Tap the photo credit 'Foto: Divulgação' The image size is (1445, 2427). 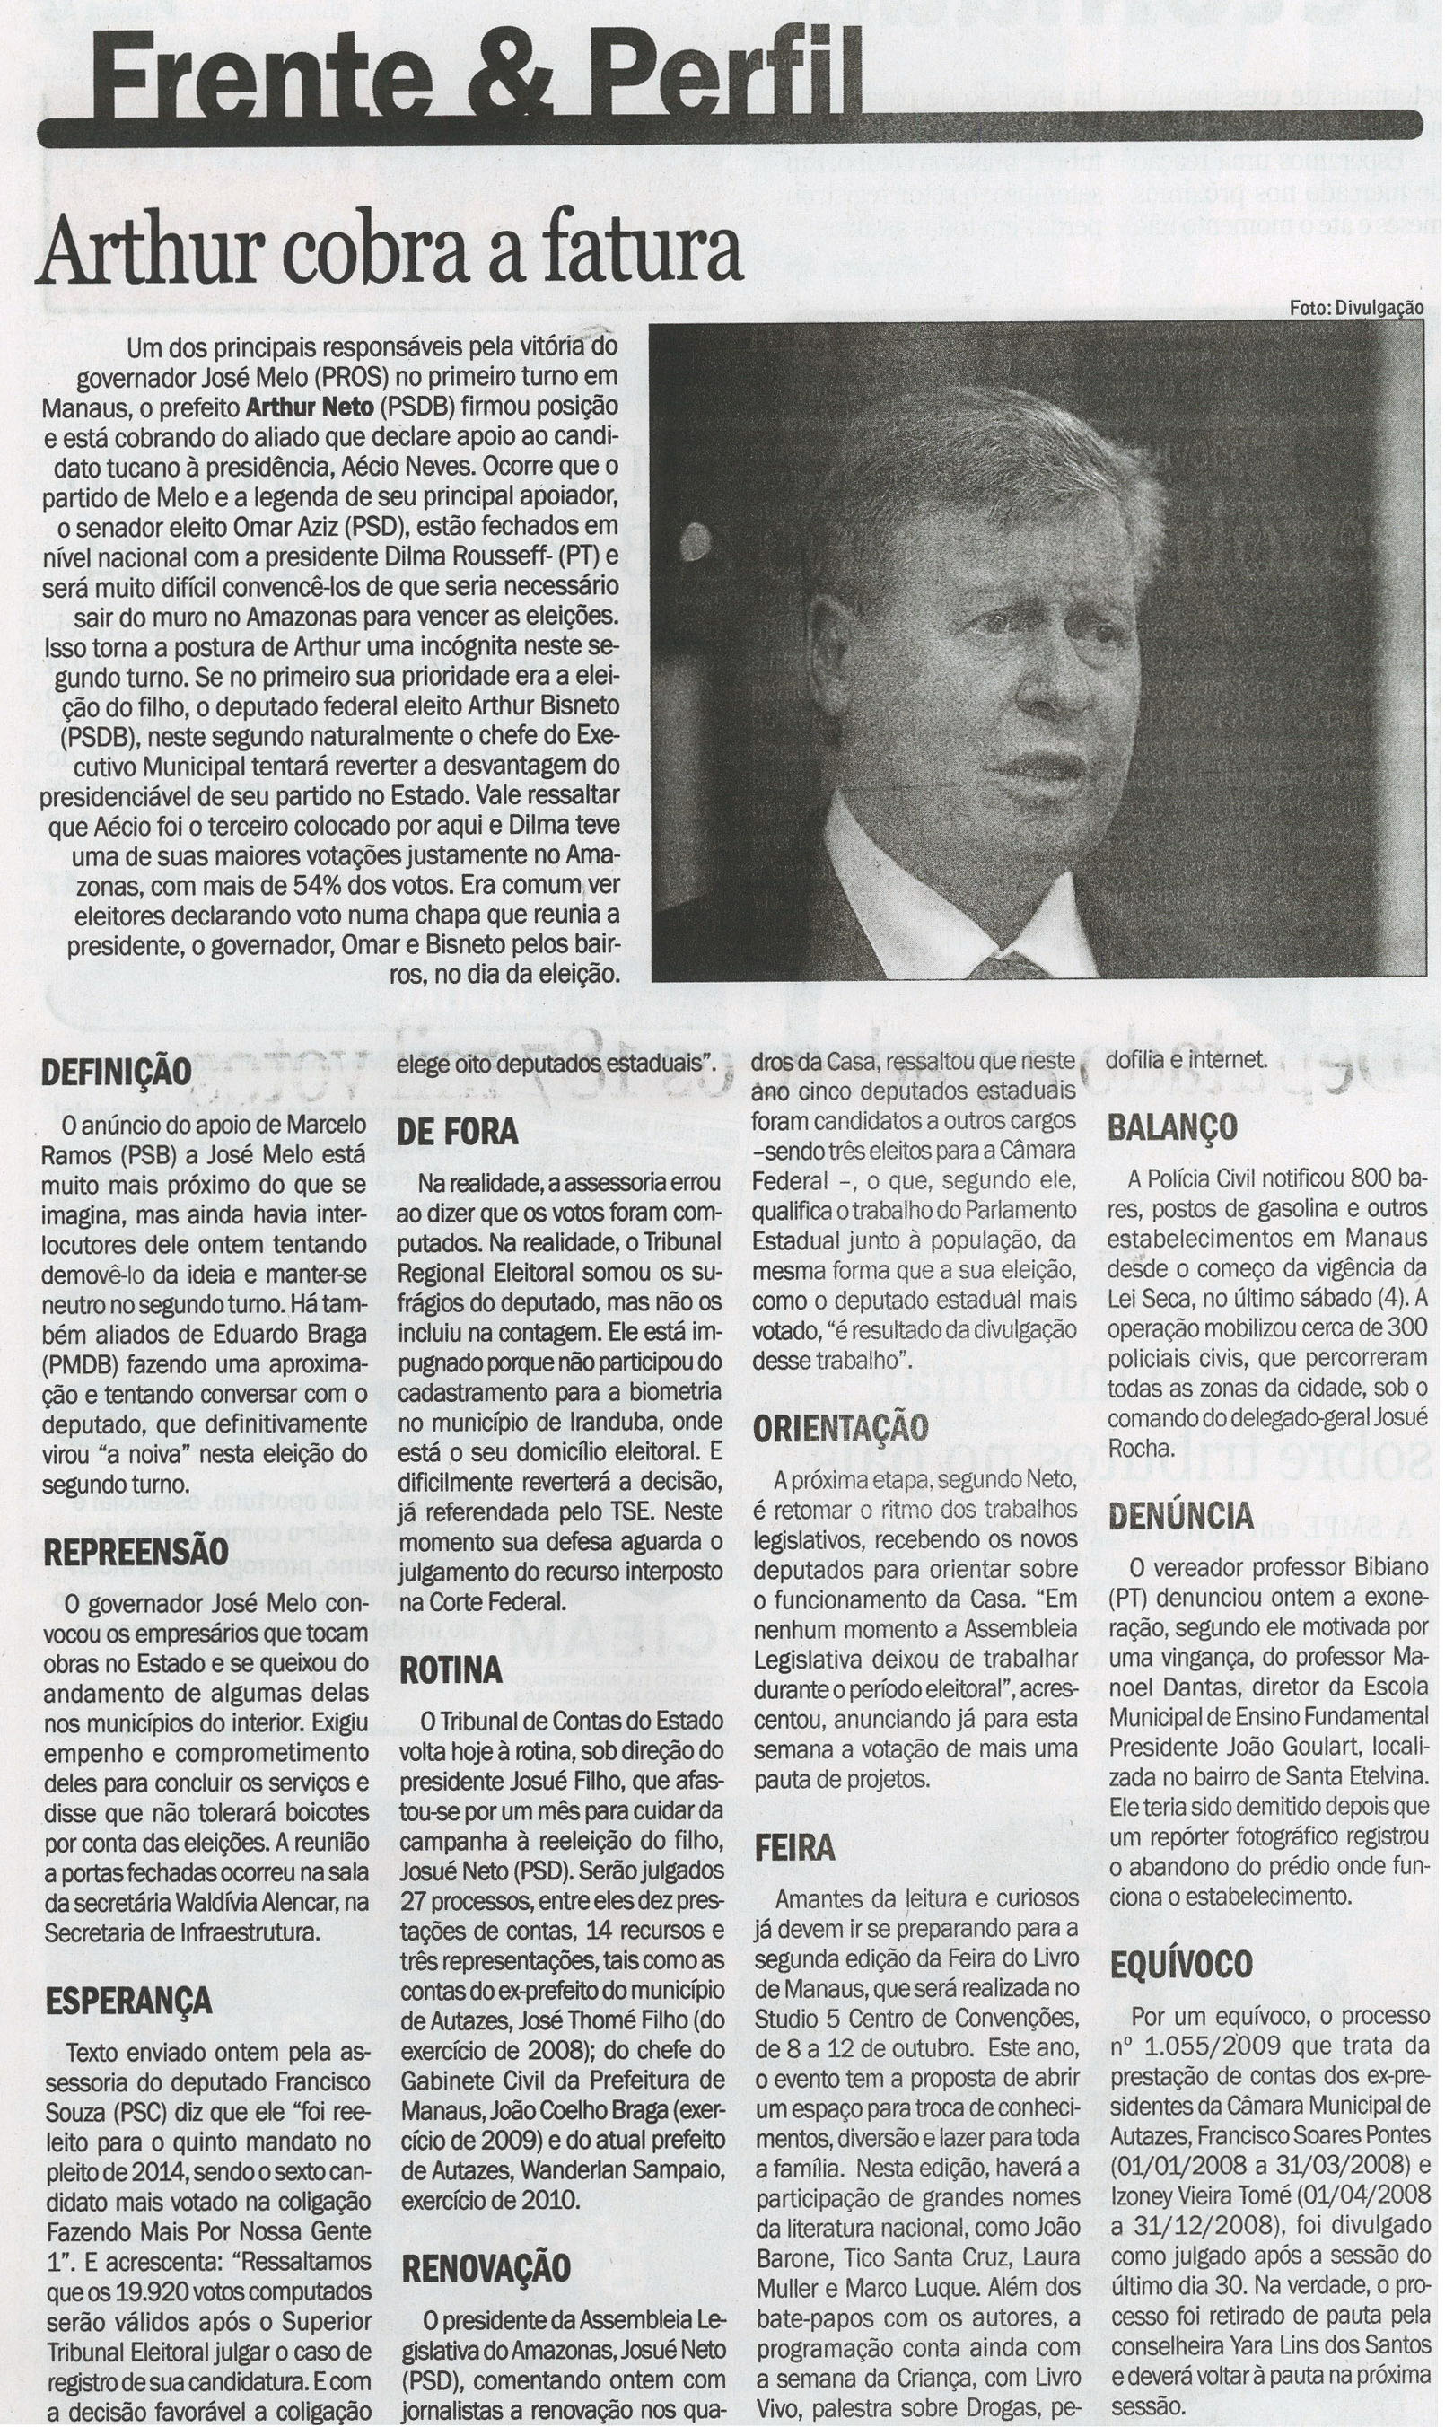pyautogui.click(x=1355, y=308)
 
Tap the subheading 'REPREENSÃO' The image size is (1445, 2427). pyautogui.click(x=136, y=1552)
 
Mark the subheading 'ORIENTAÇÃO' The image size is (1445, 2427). pyautogui.click(x=840, y=1428)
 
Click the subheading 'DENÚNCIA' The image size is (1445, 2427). pyautogui.click(x=1180, y=1516)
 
